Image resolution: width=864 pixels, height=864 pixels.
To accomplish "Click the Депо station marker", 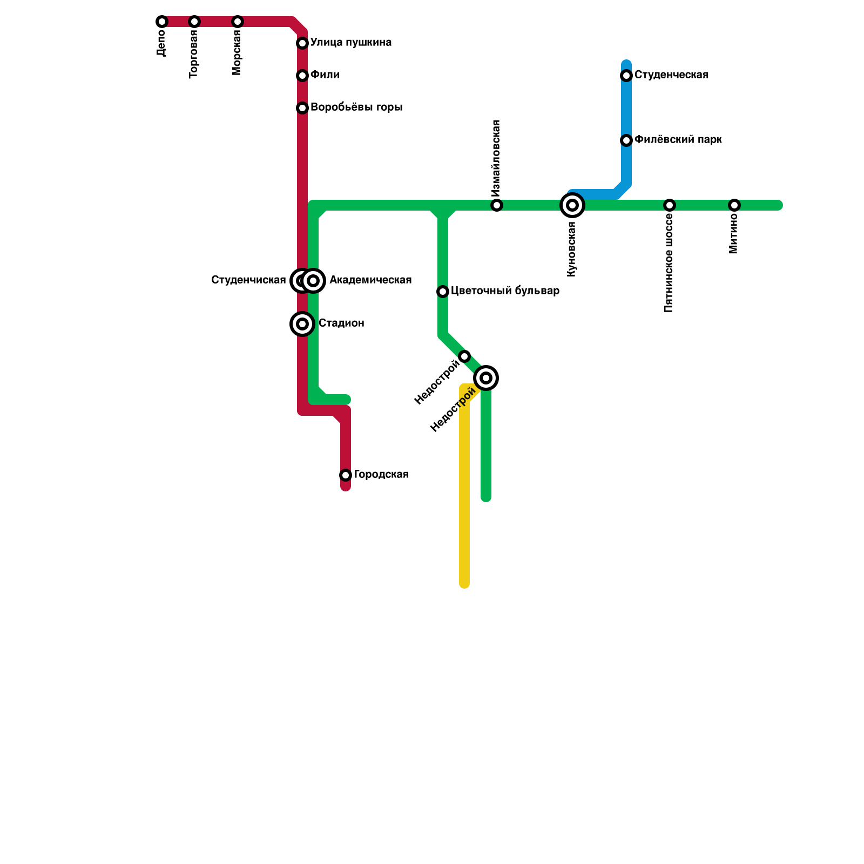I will click(162, 22).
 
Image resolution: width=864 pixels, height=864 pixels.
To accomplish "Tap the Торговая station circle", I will click(194, 22).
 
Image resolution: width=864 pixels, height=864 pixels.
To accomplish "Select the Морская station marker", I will click(238, 22).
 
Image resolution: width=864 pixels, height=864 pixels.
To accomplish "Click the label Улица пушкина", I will click(351, 43).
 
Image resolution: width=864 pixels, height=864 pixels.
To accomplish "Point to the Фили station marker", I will click(302, 76).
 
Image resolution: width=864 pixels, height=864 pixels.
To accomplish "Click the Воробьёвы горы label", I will click(356, 107).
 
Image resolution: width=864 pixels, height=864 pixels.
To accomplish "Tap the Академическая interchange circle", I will click(313, 281).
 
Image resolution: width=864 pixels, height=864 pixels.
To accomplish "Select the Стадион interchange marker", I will click(302, 324).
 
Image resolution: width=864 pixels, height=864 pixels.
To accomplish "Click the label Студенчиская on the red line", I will click(248, 280).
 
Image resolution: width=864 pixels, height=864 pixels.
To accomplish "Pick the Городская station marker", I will click(346, 475).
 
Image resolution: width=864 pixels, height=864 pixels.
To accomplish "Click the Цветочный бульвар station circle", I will click(443, 292).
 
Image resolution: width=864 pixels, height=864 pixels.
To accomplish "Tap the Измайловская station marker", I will click(497, 205).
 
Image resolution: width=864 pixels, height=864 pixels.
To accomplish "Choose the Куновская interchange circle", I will click(572, 205).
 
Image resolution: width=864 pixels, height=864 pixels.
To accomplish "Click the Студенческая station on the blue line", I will click(626, 76).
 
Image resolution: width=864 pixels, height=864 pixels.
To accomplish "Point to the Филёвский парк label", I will click(678, 140).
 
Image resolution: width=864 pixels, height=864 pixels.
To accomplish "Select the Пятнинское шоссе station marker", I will click(670, 205).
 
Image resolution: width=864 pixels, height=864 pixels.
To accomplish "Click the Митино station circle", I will click(734, 205).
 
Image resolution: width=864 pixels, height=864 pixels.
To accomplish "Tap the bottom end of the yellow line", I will click(464, 583).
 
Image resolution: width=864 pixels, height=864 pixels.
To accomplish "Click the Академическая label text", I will click(370, 280).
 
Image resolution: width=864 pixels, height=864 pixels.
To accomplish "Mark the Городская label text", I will click(381, 475).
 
